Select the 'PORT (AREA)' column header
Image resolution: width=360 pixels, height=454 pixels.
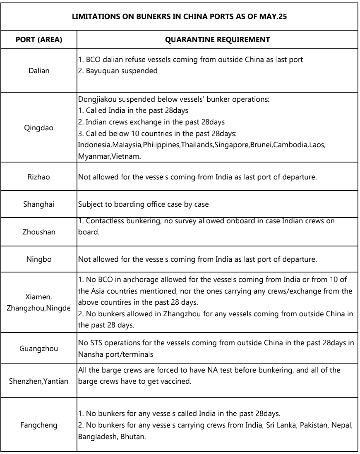point(38,40)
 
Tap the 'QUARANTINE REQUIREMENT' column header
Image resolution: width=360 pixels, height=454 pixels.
point(217,40)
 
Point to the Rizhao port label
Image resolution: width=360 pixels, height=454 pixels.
point(38,176)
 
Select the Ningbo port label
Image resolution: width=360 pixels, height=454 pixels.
point(38,260)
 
